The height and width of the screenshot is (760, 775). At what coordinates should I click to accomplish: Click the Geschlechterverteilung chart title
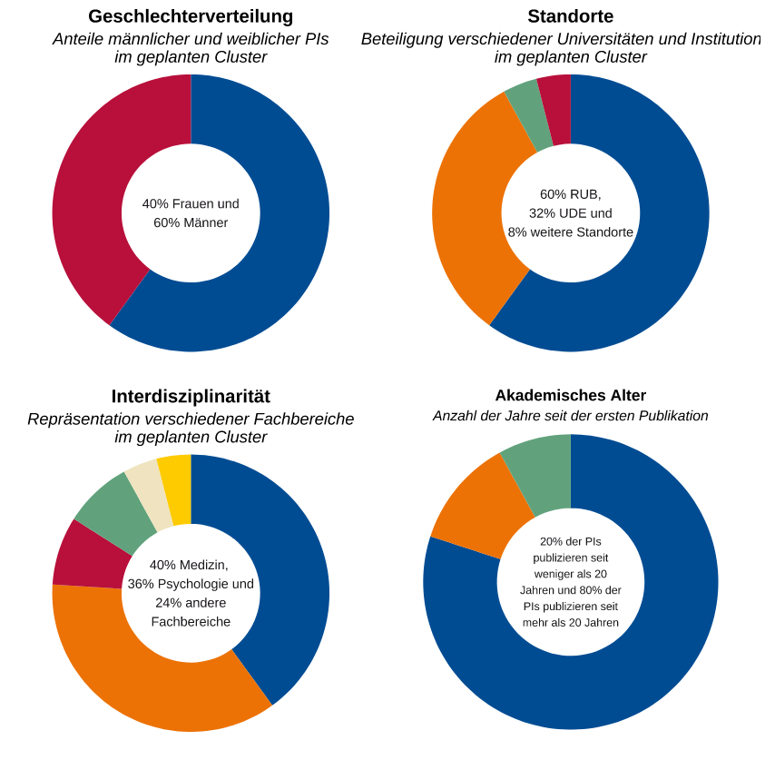191,16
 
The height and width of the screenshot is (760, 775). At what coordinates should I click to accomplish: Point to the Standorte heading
570,16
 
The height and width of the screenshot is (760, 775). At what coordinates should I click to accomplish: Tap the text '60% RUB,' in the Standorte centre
570,194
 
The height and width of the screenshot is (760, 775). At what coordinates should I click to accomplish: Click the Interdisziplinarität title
191,397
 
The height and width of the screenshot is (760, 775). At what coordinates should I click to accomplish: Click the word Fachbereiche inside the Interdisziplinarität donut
191,622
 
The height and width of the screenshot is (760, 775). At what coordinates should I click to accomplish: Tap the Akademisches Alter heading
570,396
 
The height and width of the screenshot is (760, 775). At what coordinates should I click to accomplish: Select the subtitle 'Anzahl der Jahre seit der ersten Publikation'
570,416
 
